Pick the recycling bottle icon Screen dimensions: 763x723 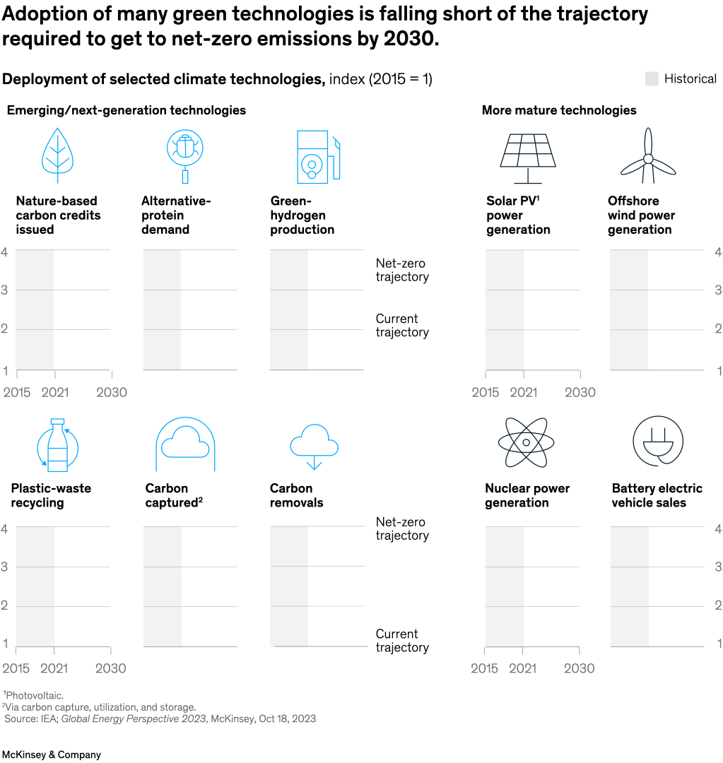[57, 445]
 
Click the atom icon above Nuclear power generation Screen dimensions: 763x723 [526, 442]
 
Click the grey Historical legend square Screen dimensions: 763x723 [652, 79]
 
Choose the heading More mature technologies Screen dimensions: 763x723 [558, 110]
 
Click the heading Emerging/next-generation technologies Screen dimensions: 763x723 [127, 110]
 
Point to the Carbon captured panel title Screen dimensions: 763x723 [174, 495]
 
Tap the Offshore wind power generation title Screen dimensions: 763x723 [641, 215]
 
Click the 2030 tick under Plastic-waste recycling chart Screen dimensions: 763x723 [111, 668]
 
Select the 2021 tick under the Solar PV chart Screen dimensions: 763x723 [523, 392]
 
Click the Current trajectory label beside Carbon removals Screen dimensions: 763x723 [401, 641]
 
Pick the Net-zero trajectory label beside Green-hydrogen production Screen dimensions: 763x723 [401, 270]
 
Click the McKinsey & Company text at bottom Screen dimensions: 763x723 [51, 755]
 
